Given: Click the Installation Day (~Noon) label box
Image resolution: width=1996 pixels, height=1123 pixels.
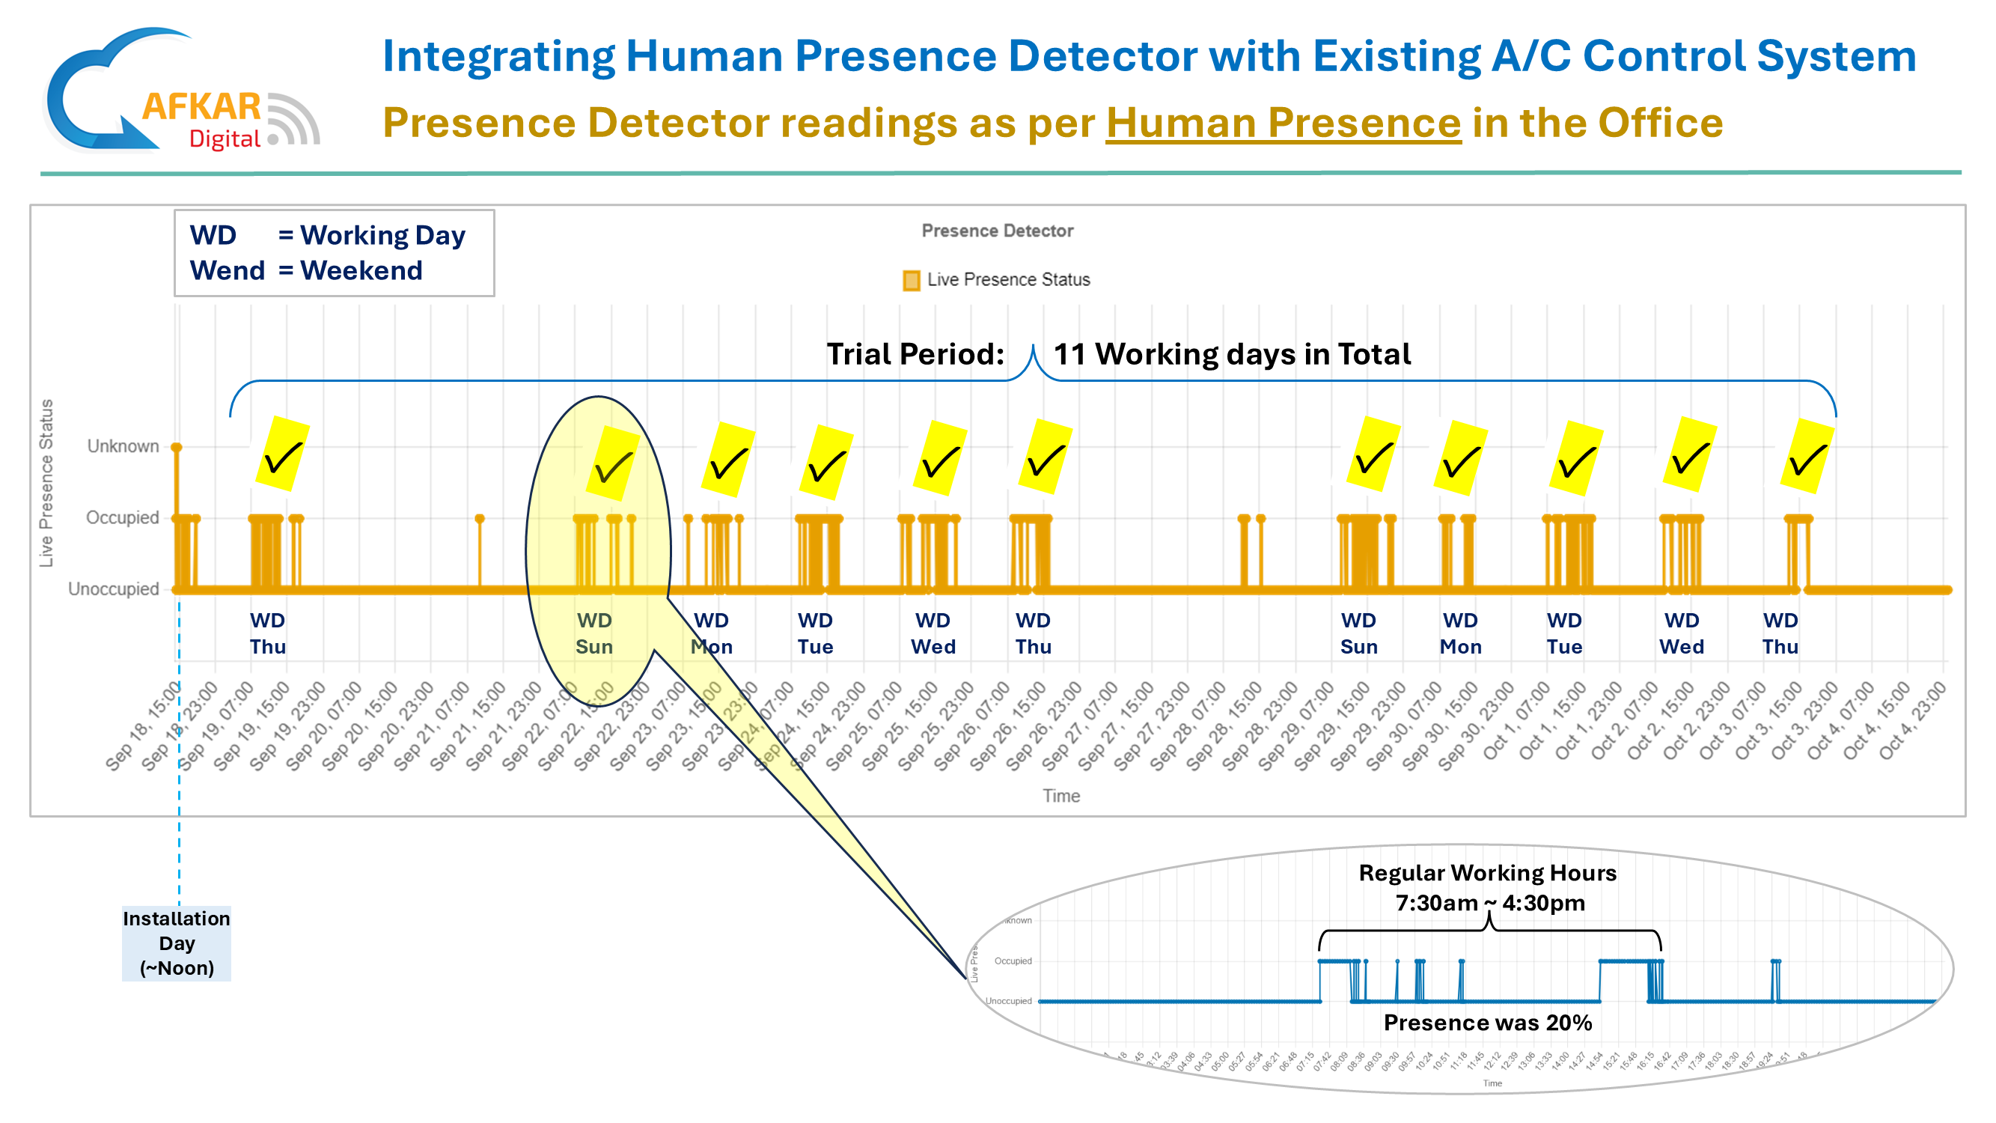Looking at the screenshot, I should click(176, 943).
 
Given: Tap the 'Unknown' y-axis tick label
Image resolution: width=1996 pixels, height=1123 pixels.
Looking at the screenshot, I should click(123, 446).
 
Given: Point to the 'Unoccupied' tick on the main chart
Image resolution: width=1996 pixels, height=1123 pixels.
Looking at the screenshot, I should click(113, 589).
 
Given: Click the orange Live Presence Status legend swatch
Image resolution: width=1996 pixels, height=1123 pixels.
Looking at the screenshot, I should click(912, 281).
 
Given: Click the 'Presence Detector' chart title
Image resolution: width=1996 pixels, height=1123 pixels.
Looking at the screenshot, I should click(997, 231).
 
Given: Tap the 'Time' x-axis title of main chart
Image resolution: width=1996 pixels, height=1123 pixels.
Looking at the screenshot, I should click(1060, 796).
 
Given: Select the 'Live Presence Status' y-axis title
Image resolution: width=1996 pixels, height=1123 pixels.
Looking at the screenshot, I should click(46, 483).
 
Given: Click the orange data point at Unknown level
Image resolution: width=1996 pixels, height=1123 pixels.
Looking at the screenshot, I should click(177, 448).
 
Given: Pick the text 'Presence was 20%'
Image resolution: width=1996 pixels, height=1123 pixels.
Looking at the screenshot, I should click(1488, 1023).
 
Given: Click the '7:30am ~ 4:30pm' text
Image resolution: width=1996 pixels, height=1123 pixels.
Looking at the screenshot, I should click(1489, 904).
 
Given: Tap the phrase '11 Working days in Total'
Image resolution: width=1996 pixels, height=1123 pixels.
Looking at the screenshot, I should click(1232, 354).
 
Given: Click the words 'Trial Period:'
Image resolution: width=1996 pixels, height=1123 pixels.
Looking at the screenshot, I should click(915, 354).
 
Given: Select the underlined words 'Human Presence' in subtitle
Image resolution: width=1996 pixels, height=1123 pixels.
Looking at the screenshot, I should click(1283, 123).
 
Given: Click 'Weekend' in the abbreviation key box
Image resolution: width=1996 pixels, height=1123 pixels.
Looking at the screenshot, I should click(361, 270).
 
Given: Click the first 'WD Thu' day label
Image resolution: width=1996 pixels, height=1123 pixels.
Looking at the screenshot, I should click(267, 633).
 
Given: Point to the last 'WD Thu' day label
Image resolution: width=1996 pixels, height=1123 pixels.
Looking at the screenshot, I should click(1780, 633).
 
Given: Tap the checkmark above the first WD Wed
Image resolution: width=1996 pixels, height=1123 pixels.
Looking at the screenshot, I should click(940, 460).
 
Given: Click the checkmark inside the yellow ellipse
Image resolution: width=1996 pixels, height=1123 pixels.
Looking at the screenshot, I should click(613, 466).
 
